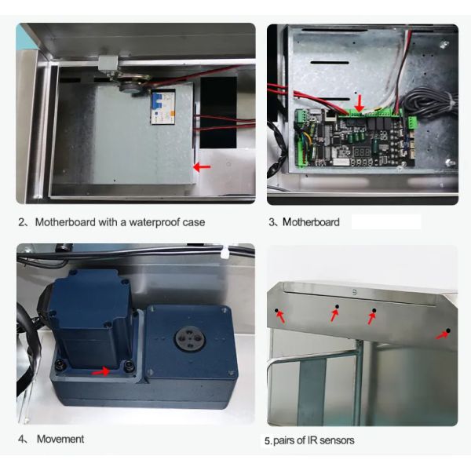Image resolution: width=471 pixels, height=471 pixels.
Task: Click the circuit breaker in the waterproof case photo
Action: pyautogui.click(x=162, y=106)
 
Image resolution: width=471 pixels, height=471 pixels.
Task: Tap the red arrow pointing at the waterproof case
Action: pyautogui.click(x=202, y=167)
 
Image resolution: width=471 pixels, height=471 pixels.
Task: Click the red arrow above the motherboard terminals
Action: pyautogui.click(x=360, y=104)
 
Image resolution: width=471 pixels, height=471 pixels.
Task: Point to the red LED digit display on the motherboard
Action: pyautogui.click(x=362, y=152)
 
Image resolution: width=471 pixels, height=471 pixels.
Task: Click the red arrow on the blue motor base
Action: pyautogui.click(x=100, y=371)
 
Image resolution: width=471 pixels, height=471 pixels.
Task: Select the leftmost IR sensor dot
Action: pyautogui.click(x=276, y=310)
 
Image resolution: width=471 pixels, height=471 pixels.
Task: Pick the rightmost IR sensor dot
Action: pyautogui.click(x=448, y=330)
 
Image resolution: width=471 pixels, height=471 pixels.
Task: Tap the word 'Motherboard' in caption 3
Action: pyautogui.click(x=311, y=222)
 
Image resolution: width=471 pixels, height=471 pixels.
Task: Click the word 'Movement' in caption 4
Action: pyautogui.click(x=60, y=439)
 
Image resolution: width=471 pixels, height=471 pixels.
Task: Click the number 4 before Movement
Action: pyautogui.click(x=21, y=439)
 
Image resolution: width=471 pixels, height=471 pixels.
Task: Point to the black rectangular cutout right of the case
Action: pyautogui.click(x=218, y=112)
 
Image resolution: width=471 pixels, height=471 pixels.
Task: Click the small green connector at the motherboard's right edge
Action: pyautogui.click(x=412, y=122)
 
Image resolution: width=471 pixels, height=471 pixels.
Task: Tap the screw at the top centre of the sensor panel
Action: pyautogui.click(x=355, y=291)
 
